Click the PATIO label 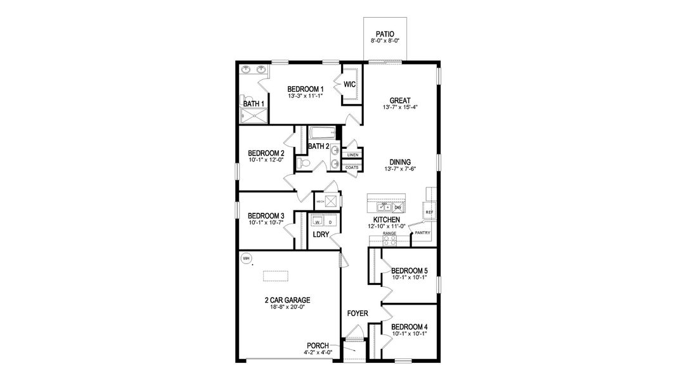pyautogui.click(x=385, y=34)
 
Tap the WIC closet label pyautogui.click(x=350, y=84)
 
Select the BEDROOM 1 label pyautogui.click(x=306, y=89)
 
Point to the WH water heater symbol pyautogui.click(x=247, y=258)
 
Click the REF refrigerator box pyautogui.click(x=429, y=212)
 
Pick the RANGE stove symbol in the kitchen pyautogui.click(x=389, y=240)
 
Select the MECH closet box pyautogui.click(x=330, y=201)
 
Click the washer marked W pyautogui.click(x=317, y=222)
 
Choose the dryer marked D pyautogui.click(x=330, y=222)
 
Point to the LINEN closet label pyautogui.click(x=352, y=155)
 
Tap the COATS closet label pyautogui.click(x=352, y=167)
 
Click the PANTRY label pyautogui.click(x=422, y=232)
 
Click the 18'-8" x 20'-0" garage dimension pyautogui.click(x=287, y=307)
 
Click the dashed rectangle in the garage pyautogui.click(x=276, y=276)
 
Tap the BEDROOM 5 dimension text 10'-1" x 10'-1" pyautogui.click(x=409, y=277)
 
